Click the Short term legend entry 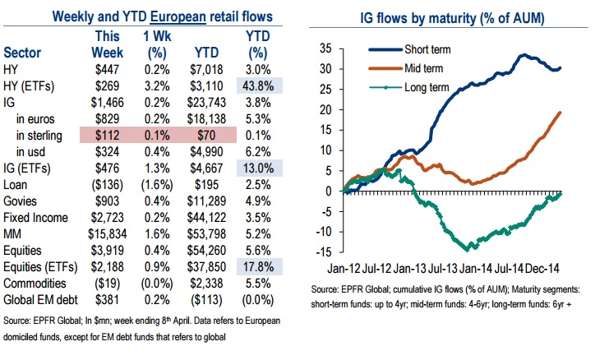point(429,48)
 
